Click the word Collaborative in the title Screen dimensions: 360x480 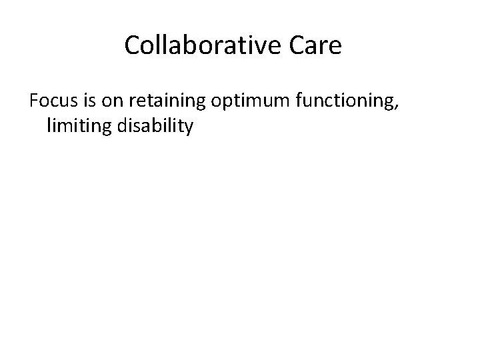201,45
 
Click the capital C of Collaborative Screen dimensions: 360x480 132,45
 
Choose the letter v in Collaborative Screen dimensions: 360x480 255,47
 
